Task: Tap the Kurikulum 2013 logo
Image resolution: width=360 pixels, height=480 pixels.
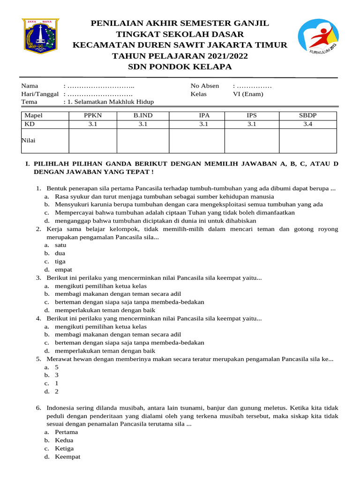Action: pyautogui.click(x=317, y=38)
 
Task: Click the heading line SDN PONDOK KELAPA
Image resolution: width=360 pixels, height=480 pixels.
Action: pyautogui.click(x=180, y=67)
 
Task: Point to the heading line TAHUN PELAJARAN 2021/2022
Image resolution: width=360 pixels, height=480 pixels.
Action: pyautogui.click(x=180, y=56)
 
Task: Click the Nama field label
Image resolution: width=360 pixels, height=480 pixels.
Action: pyautogui.click(x=30, y=86)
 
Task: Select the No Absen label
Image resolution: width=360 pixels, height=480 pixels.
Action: pyautogui.click(x=205, y=86)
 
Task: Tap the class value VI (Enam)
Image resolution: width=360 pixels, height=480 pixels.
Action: pyautogui.click(x=248, y=94)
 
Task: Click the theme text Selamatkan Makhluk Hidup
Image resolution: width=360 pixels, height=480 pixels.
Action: pyautogui.click(x=111, y=102)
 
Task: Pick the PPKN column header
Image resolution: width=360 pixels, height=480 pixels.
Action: pyautogui.click(x=92, y=115)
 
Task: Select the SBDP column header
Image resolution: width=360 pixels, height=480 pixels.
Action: pyautogui.click(x=307, y=115)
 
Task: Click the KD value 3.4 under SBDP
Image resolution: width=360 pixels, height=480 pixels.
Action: pyautogui.click(x=307, y=124)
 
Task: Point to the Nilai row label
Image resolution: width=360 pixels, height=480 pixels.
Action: pyautogui.click(x=30, y=140)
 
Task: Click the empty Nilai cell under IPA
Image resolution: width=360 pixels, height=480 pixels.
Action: pyautogui.click(x=196, y=141)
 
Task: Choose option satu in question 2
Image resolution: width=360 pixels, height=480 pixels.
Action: pyautogui.click(x=60, y=245)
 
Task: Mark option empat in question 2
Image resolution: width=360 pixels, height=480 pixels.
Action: pyautogui.click(x=63, y=270)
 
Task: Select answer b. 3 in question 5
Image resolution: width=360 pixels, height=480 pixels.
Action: pyautogui.click(x=56, y=375)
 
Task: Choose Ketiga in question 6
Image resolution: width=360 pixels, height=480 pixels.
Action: pyautogui.click(x=64, y=448)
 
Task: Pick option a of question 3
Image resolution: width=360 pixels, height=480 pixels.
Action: pyautogui.click(x=100, y=285)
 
